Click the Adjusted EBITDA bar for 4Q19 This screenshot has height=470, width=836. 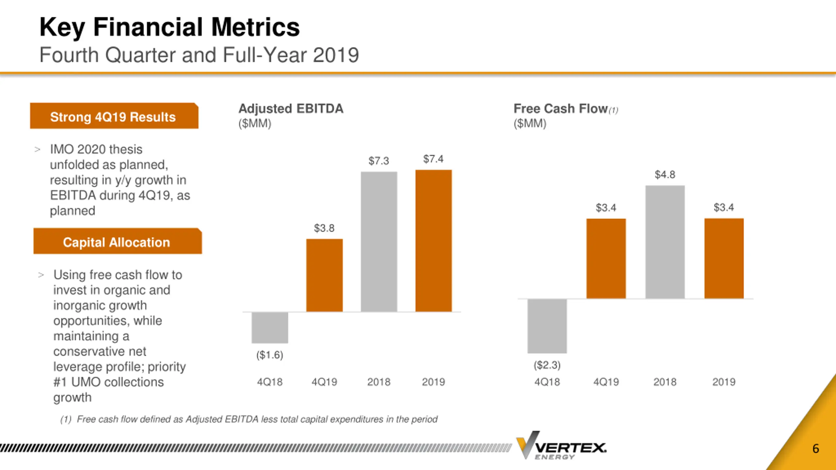click(324, 275)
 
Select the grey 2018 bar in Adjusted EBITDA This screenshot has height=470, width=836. click(379, 242)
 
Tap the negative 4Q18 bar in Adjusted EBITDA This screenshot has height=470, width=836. click(270, 328)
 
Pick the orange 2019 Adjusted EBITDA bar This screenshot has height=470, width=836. click(433, 241)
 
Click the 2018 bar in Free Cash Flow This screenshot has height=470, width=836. click(665, 242)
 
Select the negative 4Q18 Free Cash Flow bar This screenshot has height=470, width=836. click(547, 326)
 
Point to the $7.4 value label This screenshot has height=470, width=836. click(433, 159)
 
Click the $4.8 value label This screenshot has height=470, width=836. click(665, 175)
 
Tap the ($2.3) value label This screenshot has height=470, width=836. click(547, 365)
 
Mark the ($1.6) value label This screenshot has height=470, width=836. click(270, 355)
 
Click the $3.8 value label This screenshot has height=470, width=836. click(324, 228)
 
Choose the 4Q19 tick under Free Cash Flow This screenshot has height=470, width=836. click(606, 382)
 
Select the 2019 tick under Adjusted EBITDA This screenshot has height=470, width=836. click(433, 382)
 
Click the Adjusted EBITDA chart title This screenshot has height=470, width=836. click(291, 109)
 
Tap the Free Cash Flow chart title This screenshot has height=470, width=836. click(560, 109)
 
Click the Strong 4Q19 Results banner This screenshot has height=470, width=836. click(114, 116)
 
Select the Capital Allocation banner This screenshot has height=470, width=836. click(117, 242)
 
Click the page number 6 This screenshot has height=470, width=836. click(816, 449)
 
